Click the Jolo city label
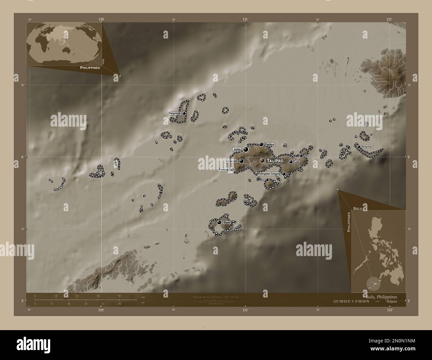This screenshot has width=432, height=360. pyautogui.click(x=237, y=149)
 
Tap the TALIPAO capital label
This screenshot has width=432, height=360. pyautogui.click(x=274, y=160)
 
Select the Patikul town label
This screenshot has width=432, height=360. pyautogui.click(x=270, y=144)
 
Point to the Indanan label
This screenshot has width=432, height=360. pyautogui.click(x=231, y=161)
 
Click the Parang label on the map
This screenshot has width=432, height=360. pyautogui.click(x=223, y=169)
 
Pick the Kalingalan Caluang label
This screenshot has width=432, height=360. pyautogui.click(x=269, y=174)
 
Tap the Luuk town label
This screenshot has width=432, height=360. pyautogui.click(x=297, y=162)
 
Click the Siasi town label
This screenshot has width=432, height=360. pyautogui.click(x=227, y=222)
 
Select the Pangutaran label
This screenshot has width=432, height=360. pyautogui.click(x=175, y=113)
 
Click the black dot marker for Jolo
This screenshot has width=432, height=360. pyautogui.click(x=246, y=149)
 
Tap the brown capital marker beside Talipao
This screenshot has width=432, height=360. pyautogui.click(x=263, y=160)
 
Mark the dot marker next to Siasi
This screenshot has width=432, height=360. pyautogui.click(x=219, y=222)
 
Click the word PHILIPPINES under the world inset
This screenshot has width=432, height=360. pyautogui.click(x=90, y=67)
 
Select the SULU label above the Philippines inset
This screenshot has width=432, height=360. pyautogui.click(x=358, y=208)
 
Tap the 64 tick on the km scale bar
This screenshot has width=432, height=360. pyautogui.click(x=120, y=296)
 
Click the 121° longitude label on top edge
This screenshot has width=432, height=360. pyautogui.click(x=245, y=19)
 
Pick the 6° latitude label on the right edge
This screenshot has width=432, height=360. pyautogui.click(x=409, y=157)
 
